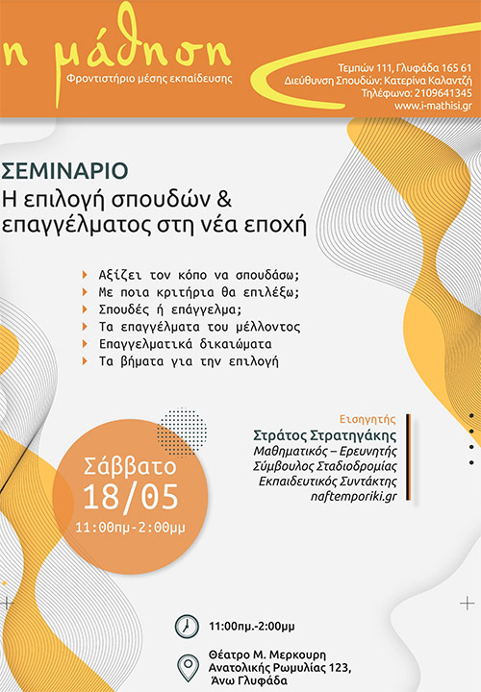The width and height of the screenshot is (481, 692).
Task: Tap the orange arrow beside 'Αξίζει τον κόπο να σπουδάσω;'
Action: (x=87, y=275)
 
